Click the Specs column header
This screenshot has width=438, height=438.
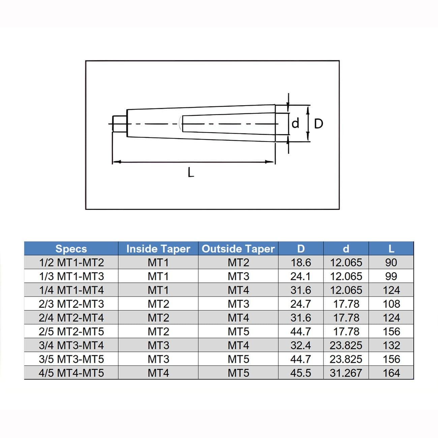(71, 249)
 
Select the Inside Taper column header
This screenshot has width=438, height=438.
(158, 249)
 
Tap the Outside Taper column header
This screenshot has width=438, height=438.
(238, 249)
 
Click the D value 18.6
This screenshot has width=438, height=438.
(301, 262)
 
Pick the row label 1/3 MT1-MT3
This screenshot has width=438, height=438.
(71, 276)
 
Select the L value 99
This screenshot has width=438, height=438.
(391, 276)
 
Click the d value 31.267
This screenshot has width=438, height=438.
(346, 373)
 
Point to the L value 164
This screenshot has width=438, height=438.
(391, 373)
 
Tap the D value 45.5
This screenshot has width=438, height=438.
(301, 373)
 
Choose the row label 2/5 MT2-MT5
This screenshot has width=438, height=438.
(71, 332)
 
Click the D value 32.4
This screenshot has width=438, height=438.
(301, 345)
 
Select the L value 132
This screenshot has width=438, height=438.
(391, 345)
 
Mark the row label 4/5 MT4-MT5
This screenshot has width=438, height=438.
(71, 373)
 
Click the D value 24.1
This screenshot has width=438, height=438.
(301, 276)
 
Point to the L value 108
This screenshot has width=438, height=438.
(391, 304)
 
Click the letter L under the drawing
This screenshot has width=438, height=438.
(191, 173)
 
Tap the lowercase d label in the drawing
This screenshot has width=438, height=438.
(295, 123)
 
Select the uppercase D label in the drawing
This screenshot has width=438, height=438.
(318, 124)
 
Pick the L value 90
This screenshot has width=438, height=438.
(391, 262)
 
